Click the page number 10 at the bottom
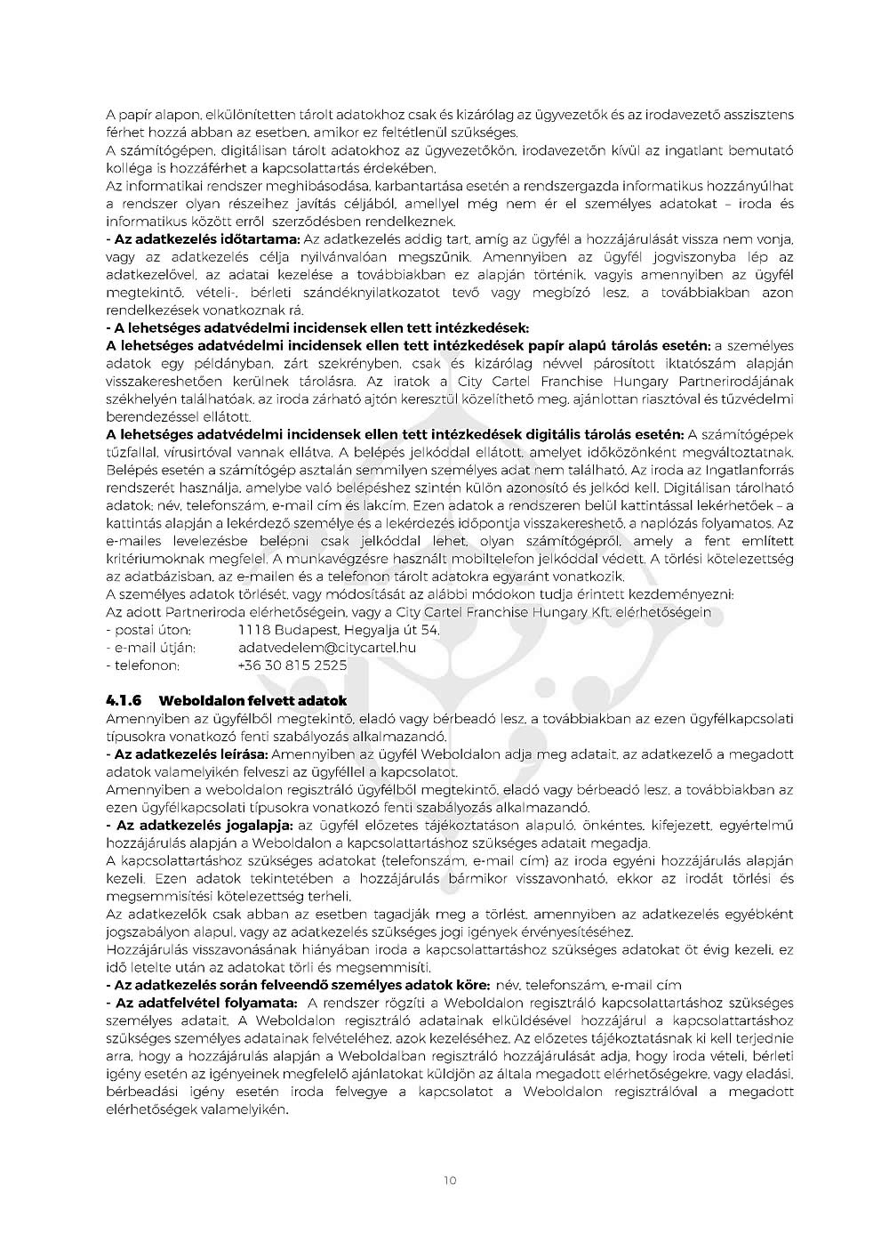coord(449,1181)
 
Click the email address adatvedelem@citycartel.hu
coord(326,648)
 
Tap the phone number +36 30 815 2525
coord(292,665)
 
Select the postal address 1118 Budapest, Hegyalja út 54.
coord(339,630)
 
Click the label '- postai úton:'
coord(148,630)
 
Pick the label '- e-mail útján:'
coord(150,648)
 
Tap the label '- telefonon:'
coord(142,665)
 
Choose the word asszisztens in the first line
coord(751,116)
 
